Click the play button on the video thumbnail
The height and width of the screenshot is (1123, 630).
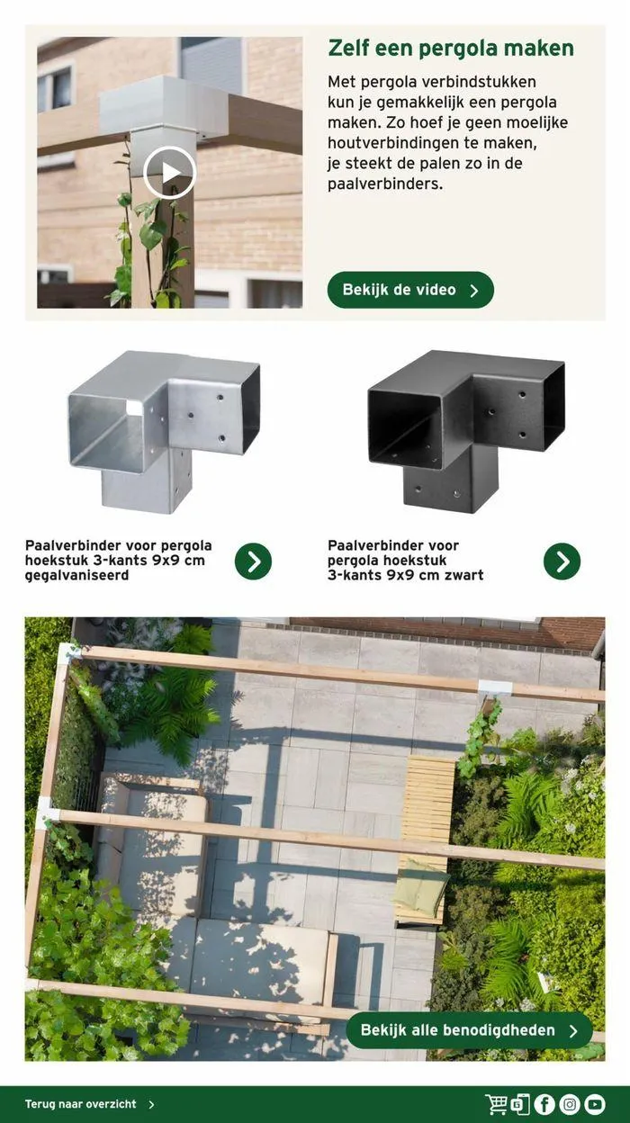(169, 173)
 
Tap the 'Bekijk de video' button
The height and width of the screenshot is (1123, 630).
(410, 291)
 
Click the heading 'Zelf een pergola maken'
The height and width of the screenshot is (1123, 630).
(450, 49)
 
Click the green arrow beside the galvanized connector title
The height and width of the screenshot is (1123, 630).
(253, 561)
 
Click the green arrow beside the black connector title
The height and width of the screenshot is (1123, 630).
(562, 561)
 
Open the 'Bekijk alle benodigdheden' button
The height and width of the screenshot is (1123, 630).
(469, 1030)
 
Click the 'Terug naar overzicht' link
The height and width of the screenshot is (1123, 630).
(81, 1104)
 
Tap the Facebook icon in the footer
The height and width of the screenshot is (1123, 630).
(544, 1104)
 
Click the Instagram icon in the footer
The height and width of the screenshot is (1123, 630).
(570, 1104)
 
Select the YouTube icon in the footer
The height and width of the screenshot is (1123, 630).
(595, 1104)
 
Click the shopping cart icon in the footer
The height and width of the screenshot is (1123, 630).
(496, 1104)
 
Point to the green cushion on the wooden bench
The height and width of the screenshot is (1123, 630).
(419, 888)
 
